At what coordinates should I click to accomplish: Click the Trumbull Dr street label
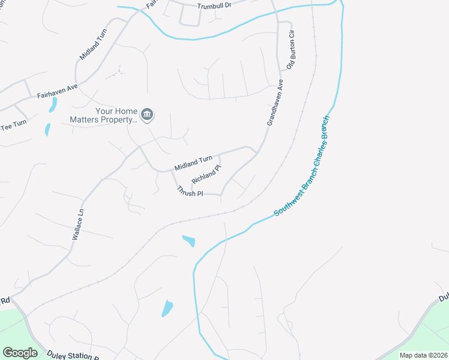215,6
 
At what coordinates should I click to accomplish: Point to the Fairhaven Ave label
58,91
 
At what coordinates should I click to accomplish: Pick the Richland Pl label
202,174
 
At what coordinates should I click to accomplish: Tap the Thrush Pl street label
190,191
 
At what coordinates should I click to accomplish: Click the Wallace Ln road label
76,225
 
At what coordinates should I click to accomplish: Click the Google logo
20,353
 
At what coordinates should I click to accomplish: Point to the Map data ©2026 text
423,355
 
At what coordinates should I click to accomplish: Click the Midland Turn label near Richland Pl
193,162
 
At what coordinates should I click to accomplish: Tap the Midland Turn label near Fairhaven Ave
93,44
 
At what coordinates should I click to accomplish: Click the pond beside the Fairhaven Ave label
53,105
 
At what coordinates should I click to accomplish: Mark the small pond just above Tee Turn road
47,128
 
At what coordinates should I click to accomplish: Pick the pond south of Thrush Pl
188,241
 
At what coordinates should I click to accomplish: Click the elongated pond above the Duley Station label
167,308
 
